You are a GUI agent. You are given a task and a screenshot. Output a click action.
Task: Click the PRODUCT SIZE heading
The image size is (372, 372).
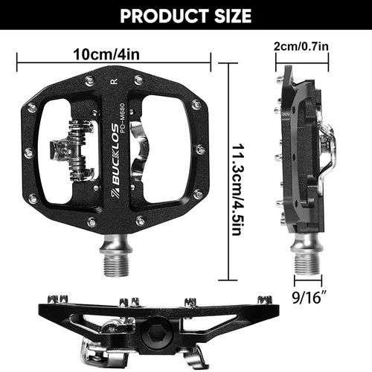point(185,15)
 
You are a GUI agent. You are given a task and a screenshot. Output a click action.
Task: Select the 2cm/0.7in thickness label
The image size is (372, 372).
point(301,45)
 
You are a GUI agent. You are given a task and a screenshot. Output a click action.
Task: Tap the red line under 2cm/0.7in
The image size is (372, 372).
point(301,56)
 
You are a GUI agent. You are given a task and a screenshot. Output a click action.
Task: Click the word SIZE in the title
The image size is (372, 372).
point(227,15)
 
